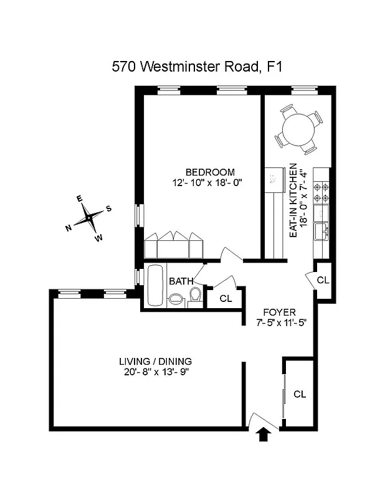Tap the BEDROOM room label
[x=210, y=172]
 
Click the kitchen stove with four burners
[x=321, y=192]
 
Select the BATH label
[x=181, y=281]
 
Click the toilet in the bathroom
[x=195, y=296]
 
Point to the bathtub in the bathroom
[x=155, y=285]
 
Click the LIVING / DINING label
[x=155, y=361]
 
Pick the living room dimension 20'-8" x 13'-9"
[x=155, y=372]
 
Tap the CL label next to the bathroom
[x=226, y=298]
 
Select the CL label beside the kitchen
[x=323, y=280]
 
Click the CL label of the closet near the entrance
[x=300, y=393]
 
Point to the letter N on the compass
[x=68, y=228]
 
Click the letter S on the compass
[x=108, y=209]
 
